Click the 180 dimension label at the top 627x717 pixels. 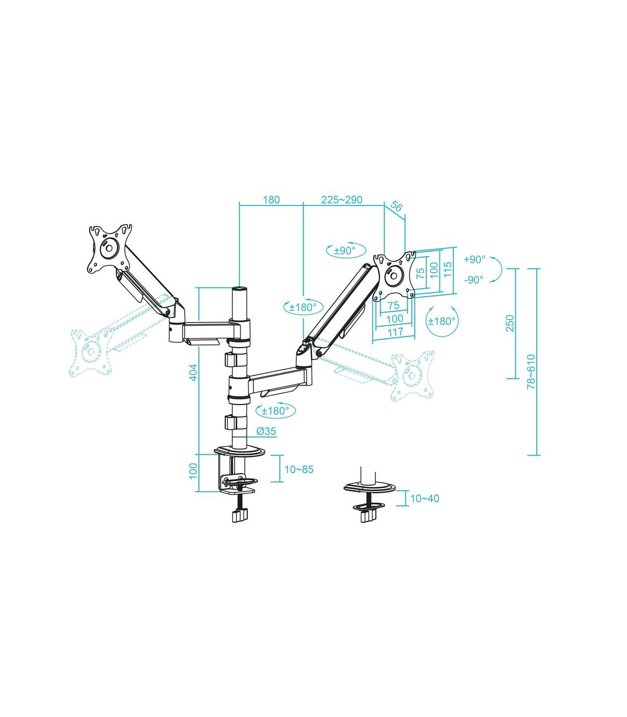[x=271, y=200]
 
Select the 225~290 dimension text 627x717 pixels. [x=342, y=200]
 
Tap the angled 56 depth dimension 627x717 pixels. [x=397, y=206]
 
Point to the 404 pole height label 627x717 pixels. [x=193, y=372]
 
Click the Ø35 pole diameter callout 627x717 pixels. [x=266, y=431]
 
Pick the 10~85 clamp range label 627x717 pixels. [x=299, y=469]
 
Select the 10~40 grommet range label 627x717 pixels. [x=424, y=499]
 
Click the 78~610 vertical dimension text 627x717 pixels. [x=531, y=371]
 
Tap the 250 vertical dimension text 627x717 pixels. [x=510, y=323]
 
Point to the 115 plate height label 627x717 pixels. [x=448, y=270]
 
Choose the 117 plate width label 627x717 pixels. [x=395, y=331]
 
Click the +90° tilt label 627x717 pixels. [x=474, y=259]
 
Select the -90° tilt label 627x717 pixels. [x=474, y=280]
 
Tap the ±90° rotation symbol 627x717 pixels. [x=345, y=250]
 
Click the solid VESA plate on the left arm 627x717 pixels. [x=109, y=248]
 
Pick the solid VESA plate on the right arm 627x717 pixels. [x=394, y=275]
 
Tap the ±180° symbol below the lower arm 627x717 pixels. [x=275, y=411]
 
